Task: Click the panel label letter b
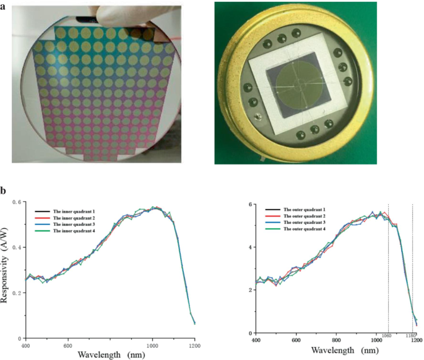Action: pyautogui.click(x=5, y=191)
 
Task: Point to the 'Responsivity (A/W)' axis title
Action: pyautogui.click(x=6, y=270)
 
